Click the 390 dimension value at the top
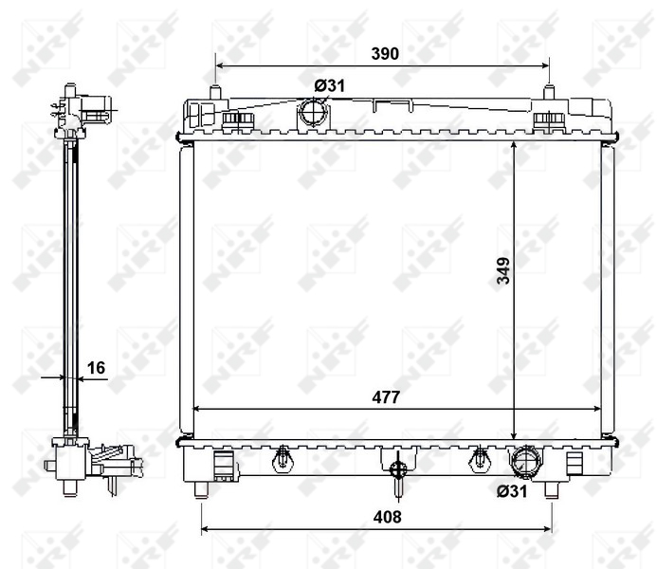point(385,54)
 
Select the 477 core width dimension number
point(386,397)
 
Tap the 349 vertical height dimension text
point(503,270)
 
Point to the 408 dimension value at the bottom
point(387,517)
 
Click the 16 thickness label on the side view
point(96,368)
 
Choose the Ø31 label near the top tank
point(330,86)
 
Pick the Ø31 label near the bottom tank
point(512,490)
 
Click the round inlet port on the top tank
point(313,112)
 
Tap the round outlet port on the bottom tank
point(525,461)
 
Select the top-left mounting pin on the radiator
point(215,92)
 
